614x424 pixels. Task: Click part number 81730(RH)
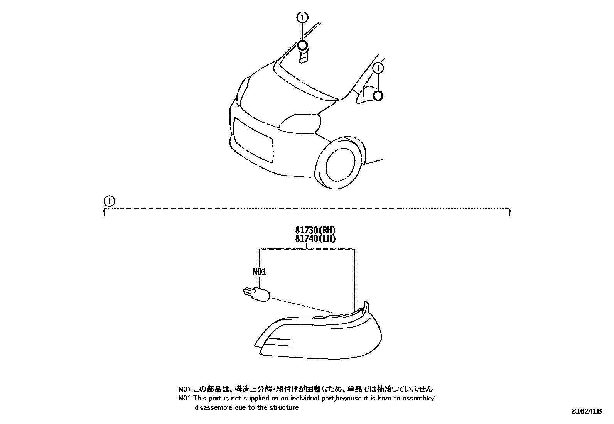tap(315, 230)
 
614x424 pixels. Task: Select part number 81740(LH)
tap(315, 238)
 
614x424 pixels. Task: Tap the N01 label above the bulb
tap(259, 272)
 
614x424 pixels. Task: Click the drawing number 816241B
tap(586, 411)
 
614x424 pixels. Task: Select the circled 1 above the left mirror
tap(302, 17)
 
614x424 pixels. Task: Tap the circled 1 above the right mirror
tap(379, 68)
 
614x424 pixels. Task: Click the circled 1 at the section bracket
tap(109, 201)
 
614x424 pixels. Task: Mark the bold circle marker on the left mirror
tap(303, 46)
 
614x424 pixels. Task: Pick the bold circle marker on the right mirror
tap(378, 96)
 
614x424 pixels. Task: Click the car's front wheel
tap(339, 164)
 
